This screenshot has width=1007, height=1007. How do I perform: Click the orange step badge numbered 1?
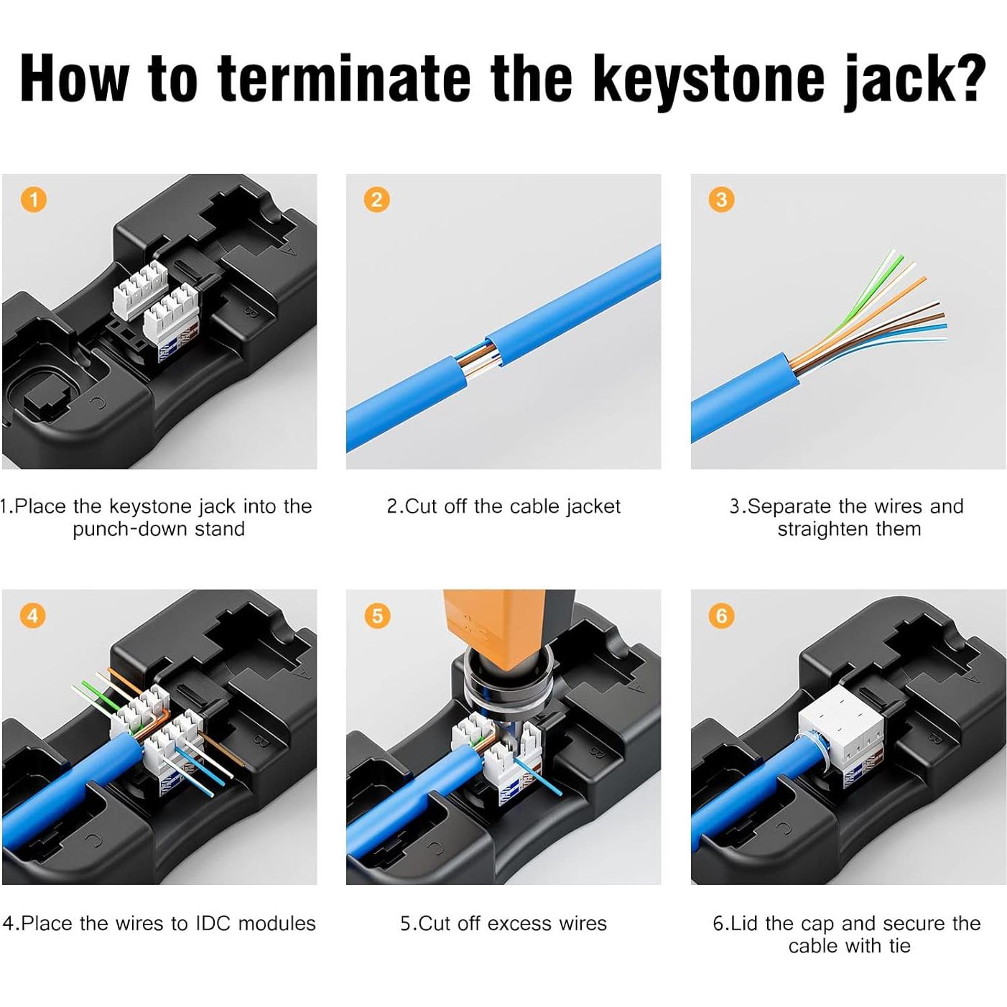33,199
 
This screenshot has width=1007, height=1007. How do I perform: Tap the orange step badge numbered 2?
377,199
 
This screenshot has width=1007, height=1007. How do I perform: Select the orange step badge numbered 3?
721,199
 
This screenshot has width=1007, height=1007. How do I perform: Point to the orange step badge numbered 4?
33,616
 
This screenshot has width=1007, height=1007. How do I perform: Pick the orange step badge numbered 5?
377,616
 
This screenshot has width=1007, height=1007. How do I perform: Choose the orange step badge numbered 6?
721,616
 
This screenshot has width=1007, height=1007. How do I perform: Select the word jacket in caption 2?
592,506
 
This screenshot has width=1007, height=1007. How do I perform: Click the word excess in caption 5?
514,923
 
